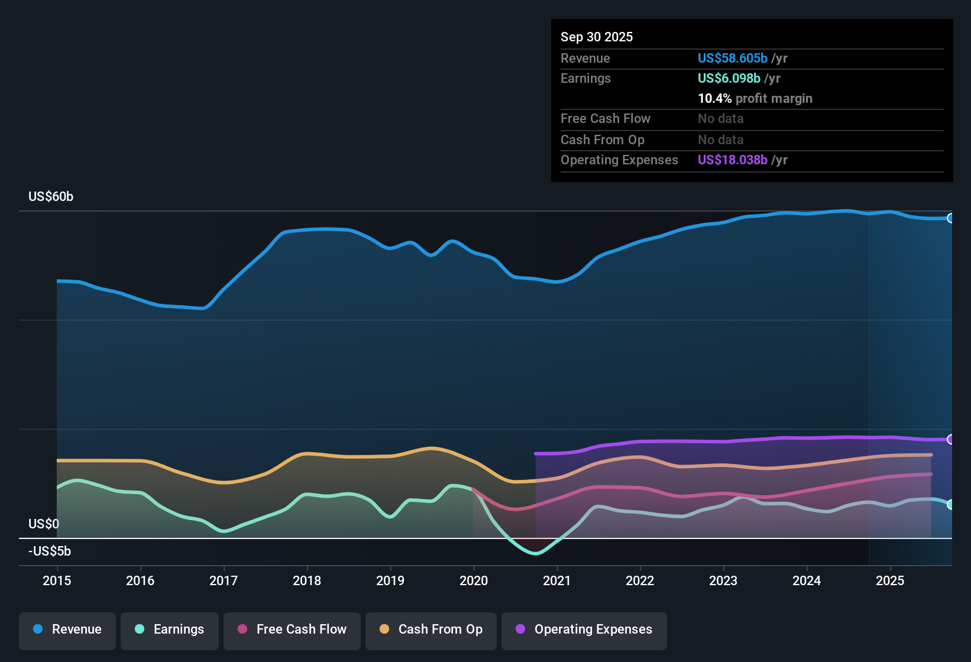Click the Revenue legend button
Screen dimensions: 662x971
pyautogui.click(x=67, y=629)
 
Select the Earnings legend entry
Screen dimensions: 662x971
pyautogui.click(x=170, y=629)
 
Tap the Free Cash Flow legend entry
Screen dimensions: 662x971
pyautogui.click(x=292, y=629)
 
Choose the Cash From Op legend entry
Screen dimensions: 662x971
pyautogui.click(x=431, y=629)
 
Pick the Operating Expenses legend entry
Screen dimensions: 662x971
pyautogui.click(x=584, y=629)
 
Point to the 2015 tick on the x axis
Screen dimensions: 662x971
pyautogui.click(x=57, y=580)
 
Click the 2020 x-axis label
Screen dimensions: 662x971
pyautogui.click(x=474, y=580)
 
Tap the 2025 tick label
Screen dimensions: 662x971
pyautogui.click(x=890, y=580)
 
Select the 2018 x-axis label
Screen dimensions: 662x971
pyautogui.click(x=307, y=580)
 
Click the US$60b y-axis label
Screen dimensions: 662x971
pyautogui.click(x=51, y=197)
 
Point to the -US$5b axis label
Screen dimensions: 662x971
pyautogui.click(x=50, y=551)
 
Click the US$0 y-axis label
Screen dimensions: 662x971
pyautogui.click(x=44, y=524)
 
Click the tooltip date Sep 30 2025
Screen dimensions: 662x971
pyautogui.click(x=597, y=37)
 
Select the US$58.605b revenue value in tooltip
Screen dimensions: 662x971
pyautogui.click(x=733, y=58)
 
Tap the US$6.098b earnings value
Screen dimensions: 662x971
pyautogui.click(x=729, y=78)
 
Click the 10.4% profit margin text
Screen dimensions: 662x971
pyautogui.click(x=755, y=98)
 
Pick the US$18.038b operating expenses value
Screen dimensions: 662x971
pyautogui.click(x=733, y=160)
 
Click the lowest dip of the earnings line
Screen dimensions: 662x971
pyautogui.click(x=536, y=553)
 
